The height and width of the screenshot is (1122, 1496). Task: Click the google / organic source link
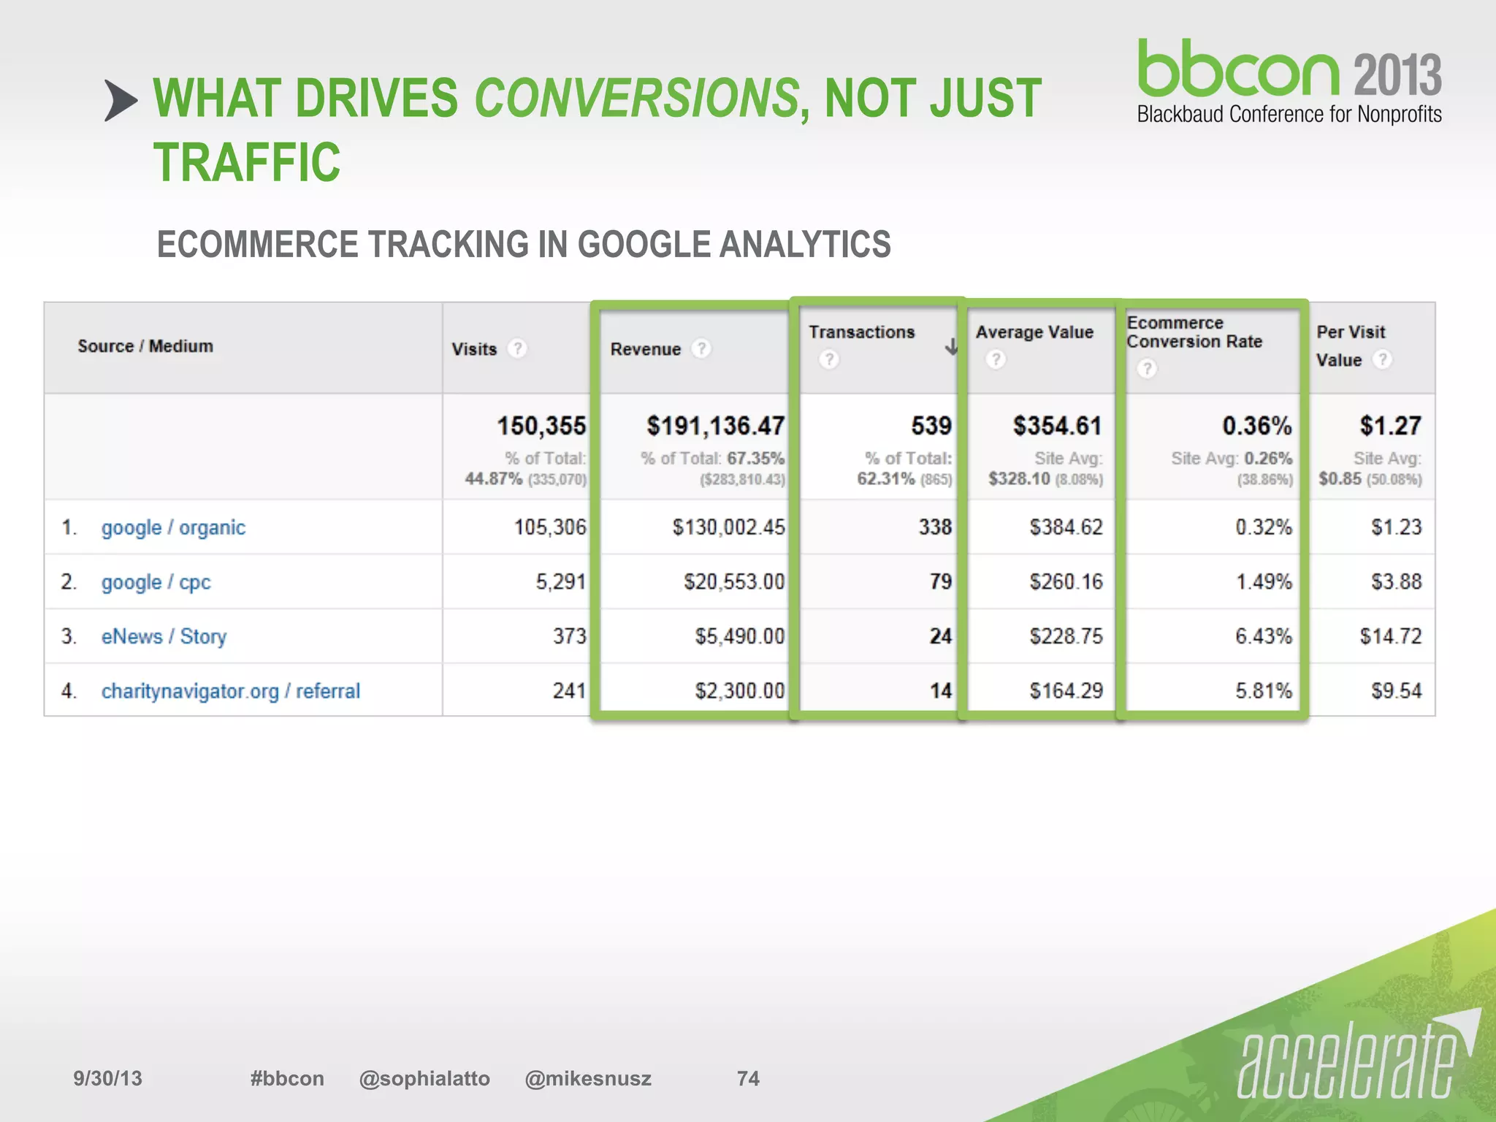[x=173, y=527]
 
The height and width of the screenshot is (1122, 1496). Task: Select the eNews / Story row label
[x=164, y=636]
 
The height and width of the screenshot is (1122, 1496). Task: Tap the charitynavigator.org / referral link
[x=230, y=691]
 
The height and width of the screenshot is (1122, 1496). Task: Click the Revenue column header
[x=646, y=349]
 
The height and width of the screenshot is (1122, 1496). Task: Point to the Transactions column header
[x=861, y=332]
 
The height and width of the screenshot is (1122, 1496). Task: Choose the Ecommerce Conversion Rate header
[x=1194, y=332]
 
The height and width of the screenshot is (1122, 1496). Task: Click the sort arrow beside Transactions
[x=950, y=347]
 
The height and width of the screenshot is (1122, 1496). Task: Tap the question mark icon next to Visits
[x=517, y=348]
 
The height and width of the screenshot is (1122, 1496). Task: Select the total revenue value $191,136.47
[x=715, y=426]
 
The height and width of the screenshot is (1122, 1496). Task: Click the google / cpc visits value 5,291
[x=560, y=582]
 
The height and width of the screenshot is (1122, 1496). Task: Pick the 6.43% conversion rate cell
[x=1263, y=636]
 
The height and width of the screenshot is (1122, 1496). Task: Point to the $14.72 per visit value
[x=1390, y=636]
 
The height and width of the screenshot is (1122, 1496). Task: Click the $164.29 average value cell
[x=1066, y=691]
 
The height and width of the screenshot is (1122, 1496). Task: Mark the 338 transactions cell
[x=935, y=527]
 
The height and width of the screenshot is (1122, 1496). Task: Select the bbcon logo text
[x=1239, y=69]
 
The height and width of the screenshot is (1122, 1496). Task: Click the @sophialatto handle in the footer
[x=424, y=1079]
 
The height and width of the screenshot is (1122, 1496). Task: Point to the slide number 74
[x=748, y=1079]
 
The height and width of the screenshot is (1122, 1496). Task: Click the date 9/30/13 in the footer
[x=107, y=1079]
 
